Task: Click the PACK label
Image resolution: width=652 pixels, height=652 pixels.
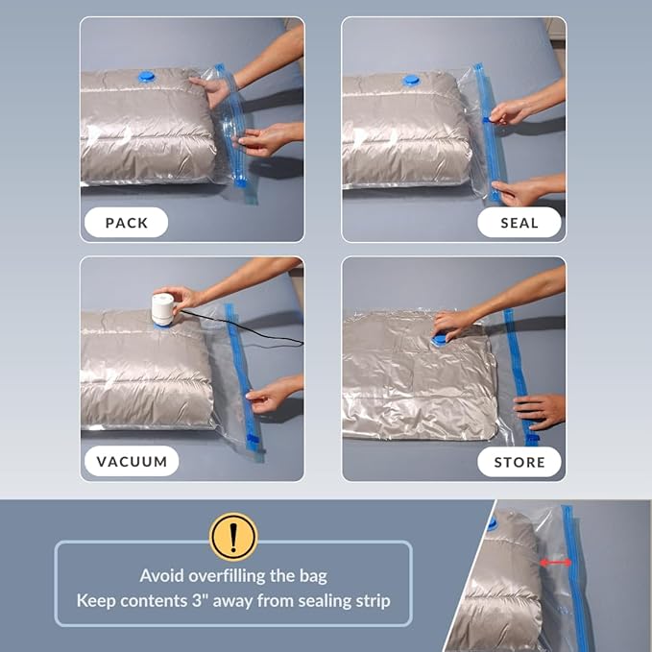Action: pyautogui.click(x=127, y=223)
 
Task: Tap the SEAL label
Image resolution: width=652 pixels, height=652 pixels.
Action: pyautogui.click(x=519, y=223)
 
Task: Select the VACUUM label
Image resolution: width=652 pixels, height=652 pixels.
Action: pyautogui.click(x=132, y=461)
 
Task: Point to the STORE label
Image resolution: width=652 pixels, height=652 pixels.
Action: pyautogui.click(x=519, y=462)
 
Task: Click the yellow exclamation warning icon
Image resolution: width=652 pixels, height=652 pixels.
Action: pyautogui.click(x=233, y=537)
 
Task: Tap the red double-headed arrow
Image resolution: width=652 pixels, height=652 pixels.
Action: pyautogui.click(x=555, y=563)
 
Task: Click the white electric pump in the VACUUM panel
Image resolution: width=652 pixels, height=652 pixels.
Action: pyautogui.click(x=162, y=309)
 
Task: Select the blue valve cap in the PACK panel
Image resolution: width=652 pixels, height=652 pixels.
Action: pyautogui.click(x=146, y=76)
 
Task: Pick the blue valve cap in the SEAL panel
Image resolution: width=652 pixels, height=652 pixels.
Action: pyautogui.click(x=411, y=80)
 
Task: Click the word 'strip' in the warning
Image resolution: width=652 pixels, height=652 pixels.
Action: pyautogui.click(x=373, y=601)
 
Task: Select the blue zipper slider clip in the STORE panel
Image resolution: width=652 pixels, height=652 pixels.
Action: pyautogui.click(x=531, y=439)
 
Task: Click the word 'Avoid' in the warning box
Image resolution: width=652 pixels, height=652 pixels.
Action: pyautogui.click(x=161, y=576)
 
